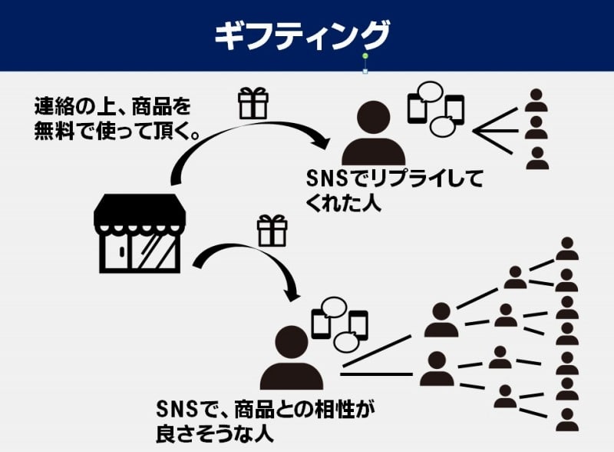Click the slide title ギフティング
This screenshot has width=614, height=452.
click(302, 35)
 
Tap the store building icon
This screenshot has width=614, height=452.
click(140, 234)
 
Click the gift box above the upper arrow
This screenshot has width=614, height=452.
click(253, 103)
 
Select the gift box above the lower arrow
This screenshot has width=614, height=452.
click(272, 231)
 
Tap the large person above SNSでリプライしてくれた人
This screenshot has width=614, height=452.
click(374, 134)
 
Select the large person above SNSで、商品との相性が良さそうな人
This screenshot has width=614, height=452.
click(292, 357)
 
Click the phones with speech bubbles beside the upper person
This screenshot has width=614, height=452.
click(436, 108)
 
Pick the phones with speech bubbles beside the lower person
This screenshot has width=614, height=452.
click(339, 325)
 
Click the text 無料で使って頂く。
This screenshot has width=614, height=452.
click(117, 131)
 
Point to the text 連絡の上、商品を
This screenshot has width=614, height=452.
click(113, 106)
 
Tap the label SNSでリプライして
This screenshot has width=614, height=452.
click(394, 178)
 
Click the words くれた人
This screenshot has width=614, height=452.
click(343, 203)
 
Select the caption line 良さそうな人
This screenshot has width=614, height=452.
click(215, 434)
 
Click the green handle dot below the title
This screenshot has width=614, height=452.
click(365, 56)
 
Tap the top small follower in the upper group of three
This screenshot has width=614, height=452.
click(536, 101)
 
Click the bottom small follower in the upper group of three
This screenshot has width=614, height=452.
click(537, 158)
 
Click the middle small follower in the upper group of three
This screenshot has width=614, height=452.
click(536, 128)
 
